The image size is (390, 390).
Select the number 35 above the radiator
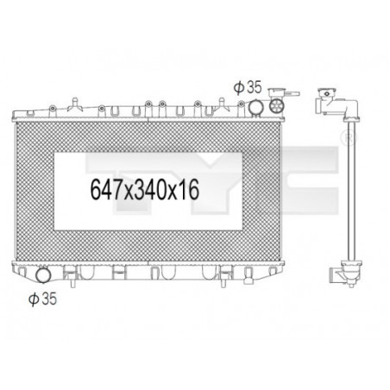coord(252,87)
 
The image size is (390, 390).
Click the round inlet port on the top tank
coord(256,107)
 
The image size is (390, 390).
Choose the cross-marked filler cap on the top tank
coord(276,107)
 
